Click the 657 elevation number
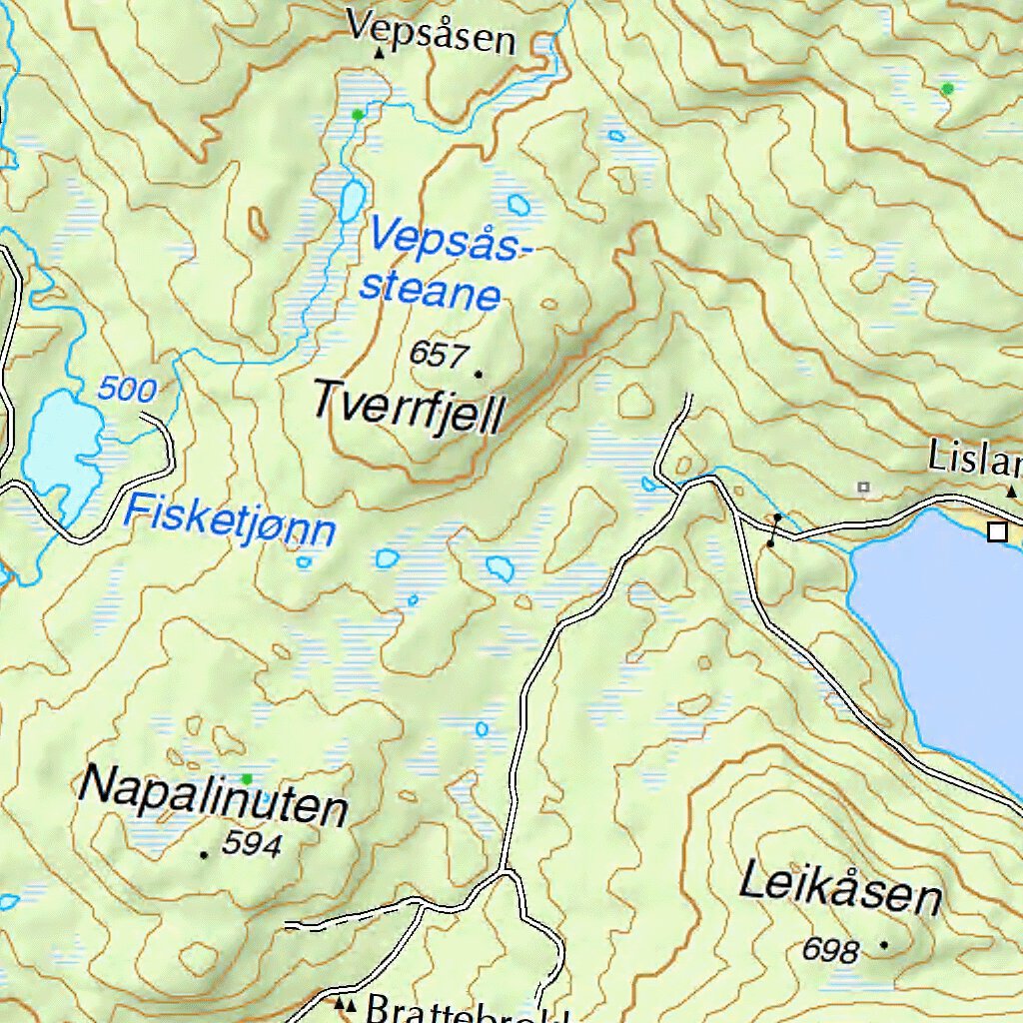click(439, 354)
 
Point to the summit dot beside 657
click(478, 375)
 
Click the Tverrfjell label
click(409, 407)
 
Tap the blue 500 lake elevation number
click(126, 390)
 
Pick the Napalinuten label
click(213, 796)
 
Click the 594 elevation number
click(252, 845)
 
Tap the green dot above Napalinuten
click(247, 778)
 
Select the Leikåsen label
click(840, 889)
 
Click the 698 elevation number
click(830, 950)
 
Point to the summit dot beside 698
click(883, 943)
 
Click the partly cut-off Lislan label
click(974, 459)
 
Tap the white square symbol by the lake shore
click(996, 531)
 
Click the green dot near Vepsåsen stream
click(358, 115)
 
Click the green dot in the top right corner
click(947, 89)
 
